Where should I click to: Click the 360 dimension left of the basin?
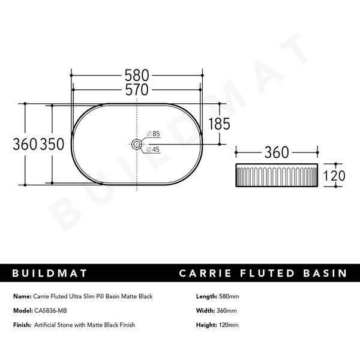click(25, 144)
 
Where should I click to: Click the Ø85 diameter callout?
click(153, 133)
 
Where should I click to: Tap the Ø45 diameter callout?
click(153, 150)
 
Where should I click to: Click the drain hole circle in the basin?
click(137, 144)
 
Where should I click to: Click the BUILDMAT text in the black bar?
click(50, 274)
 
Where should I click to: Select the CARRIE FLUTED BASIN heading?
click(263, 274)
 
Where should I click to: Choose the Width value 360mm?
click(226, 310)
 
